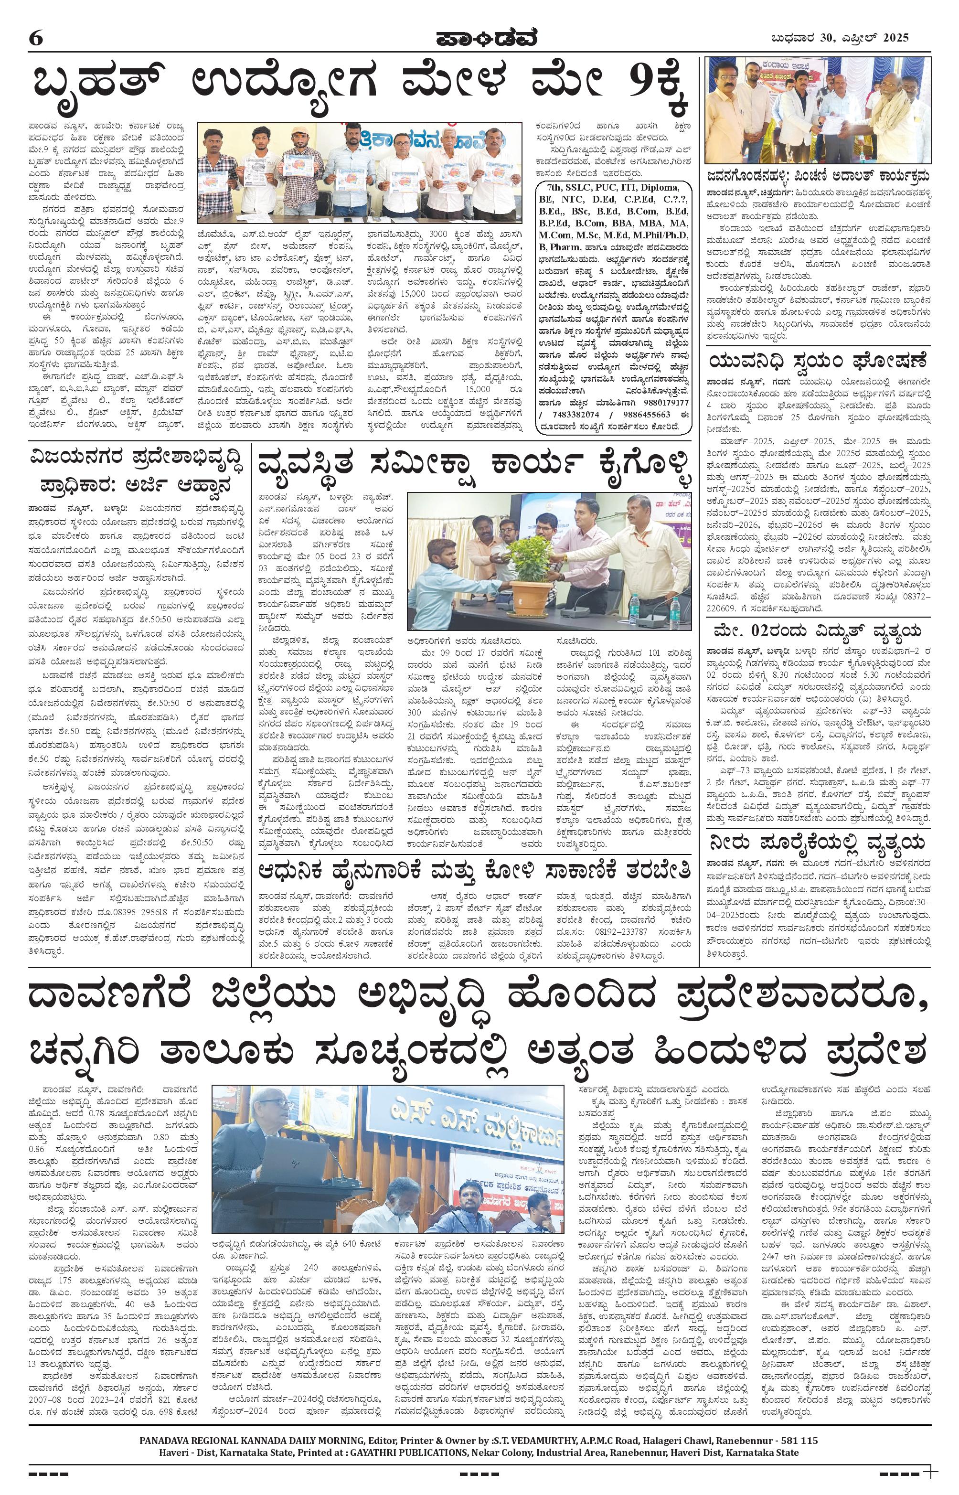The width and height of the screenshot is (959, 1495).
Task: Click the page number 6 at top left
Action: pos(35,38)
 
